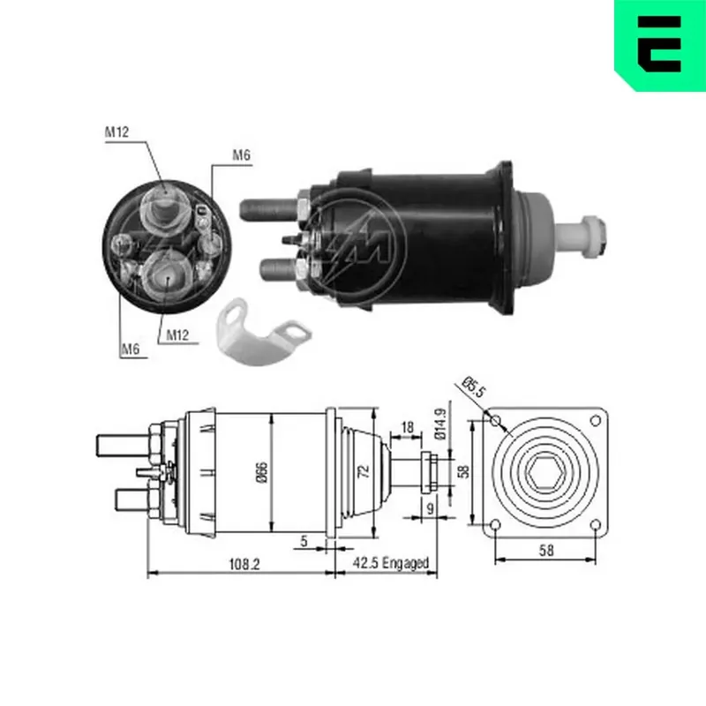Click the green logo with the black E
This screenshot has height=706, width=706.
[660, 45]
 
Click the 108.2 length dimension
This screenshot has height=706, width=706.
[244, 564]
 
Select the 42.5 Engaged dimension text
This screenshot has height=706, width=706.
[390, 563]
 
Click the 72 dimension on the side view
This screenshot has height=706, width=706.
[364, 471]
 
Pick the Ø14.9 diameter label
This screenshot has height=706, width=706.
[440, 424]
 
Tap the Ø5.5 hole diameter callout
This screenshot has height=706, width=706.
[474, 387]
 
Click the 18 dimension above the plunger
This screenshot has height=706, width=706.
[407, 426]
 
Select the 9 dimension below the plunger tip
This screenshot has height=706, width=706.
[431, 508]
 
